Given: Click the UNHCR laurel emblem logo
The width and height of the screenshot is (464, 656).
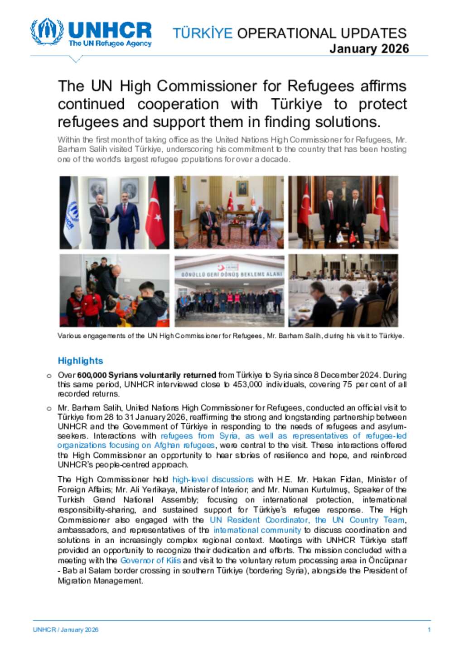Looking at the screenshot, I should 47,32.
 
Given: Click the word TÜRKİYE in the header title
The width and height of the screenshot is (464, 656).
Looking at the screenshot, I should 203,34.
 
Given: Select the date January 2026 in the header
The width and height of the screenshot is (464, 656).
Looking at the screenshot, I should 369,49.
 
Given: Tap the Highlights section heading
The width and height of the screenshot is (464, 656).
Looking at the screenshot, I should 80,361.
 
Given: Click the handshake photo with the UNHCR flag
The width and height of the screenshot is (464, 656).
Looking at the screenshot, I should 114,212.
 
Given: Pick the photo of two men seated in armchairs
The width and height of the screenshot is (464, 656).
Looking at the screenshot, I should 229,212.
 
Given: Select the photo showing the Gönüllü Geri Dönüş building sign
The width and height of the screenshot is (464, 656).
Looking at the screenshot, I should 229,290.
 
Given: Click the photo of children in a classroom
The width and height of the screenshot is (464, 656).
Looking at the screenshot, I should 114,290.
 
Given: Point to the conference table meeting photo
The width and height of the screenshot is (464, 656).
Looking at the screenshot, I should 343,290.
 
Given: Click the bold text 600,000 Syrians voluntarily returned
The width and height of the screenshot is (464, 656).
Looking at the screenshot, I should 146,375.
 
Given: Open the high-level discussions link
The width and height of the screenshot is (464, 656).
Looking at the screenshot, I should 213,479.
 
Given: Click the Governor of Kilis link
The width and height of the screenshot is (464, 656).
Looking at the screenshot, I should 150,560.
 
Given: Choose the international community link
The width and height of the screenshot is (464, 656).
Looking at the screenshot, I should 257,530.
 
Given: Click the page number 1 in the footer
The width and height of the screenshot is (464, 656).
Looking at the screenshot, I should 429,630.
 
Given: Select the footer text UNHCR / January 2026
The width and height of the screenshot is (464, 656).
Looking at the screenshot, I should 65,630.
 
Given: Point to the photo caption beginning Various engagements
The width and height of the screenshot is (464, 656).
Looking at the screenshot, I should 231,336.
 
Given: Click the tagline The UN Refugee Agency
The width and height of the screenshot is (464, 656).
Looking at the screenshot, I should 110,43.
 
